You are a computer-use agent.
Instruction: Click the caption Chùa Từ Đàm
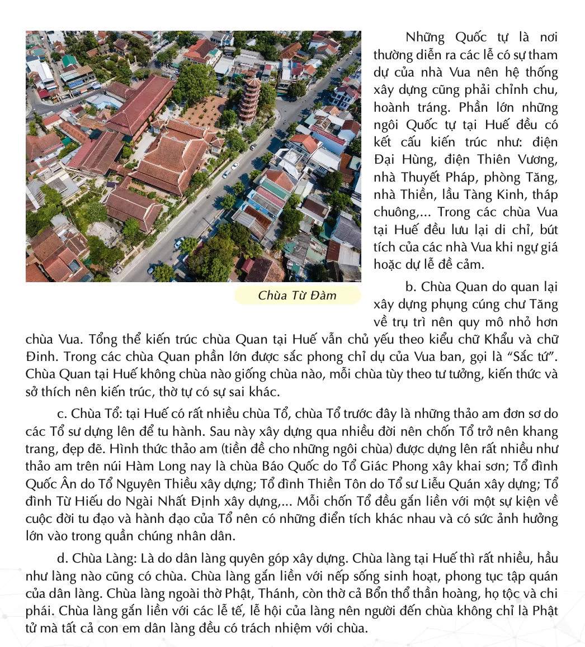pos(297,296)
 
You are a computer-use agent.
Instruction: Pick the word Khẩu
pos(512,339)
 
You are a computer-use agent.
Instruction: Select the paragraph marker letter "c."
pos(63,414)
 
